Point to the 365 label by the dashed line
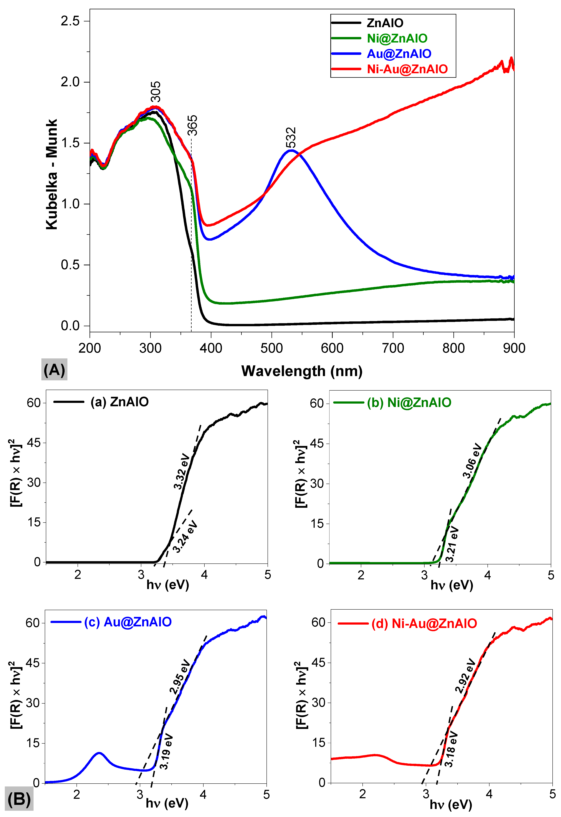click(192, 125)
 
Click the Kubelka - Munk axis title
click(52, 174)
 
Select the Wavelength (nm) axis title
click(302, 371)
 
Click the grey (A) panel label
click(54, 370)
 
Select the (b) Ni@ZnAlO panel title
click(409, 402)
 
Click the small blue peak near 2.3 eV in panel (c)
click(100, 753)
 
